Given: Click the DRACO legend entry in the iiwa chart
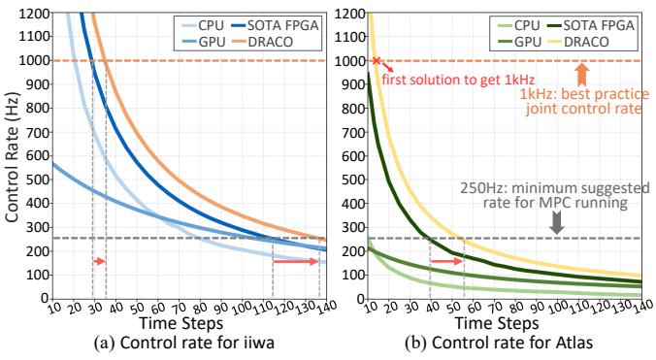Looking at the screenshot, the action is click(x=261, y=42).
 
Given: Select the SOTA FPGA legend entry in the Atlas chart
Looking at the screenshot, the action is click(x=591, y=25).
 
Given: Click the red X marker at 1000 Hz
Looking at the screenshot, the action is click(x=377, y=61).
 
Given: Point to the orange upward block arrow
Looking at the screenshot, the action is click(x=582, y=75).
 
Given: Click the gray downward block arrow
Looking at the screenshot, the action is click(x=556, y=222).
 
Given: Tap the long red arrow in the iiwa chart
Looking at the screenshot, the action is click(x=296, y=261).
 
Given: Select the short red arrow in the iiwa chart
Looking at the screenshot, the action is click(x=100, y=261).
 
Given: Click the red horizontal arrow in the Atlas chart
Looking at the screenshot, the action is click(x=446, y=261).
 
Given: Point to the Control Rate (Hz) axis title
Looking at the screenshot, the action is click(x=12, y=156).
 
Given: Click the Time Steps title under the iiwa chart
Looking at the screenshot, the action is click(x=181, y=323).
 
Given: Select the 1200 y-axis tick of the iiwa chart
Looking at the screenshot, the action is click(x=34, y=14).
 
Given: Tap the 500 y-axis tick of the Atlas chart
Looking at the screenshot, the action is click(x=353, y=180).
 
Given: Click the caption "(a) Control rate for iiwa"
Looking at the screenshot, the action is click(x=184, y=344).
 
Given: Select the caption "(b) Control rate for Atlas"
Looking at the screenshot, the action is click(x=499, y=344).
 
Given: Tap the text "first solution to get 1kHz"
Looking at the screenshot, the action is click(x=458, y=80).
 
